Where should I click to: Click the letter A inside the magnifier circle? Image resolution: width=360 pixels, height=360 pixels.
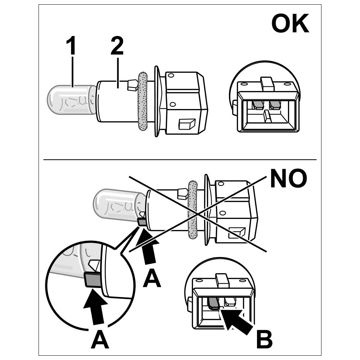[99, 339]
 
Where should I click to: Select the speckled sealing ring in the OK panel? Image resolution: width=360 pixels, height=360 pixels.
[143, 101]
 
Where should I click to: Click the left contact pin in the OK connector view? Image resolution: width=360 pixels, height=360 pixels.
[257, 105]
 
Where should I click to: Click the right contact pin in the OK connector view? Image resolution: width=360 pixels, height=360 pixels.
[275, 105]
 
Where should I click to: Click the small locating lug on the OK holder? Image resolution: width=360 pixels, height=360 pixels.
[132, 85]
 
